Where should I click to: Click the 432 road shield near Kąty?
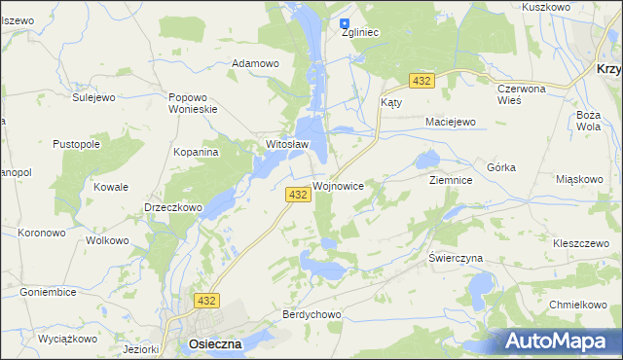[x=421, y=80]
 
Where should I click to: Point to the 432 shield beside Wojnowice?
[x=298, y=196]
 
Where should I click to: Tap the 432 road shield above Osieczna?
[x=205, y=302]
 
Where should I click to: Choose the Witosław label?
[x=287, y=145]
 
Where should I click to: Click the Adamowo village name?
[x=255, y=64]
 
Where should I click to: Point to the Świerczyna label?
[x=456, y=258]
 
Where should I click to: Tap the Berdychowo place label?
[x=311, y=315]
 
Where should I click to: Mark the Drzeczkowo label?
[x=172, y=207]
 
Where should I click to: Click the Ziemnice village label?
[x=451, y=180]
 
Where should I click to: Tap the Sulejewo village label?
[x=94, y=97]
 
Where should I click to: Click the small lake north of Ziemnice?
[x=427, y=159]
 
